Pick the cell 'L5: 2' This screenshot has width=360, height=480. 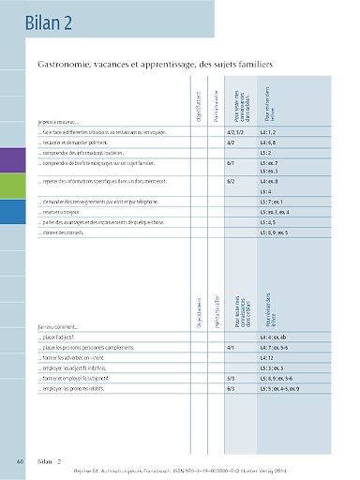click(264, 152)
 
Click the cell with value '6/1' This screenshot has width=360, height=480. click(231, 162)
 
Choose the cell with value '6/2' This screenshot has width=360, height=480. click(231, 181)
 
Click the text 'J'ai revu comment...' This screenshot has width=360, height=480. click(59, 326)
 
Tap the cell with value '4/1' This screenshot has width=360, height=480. click(231, 347)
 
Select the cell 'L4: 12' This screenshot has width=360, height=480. click(266, 357)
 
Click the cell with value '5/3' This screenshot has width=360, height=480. click(231, 377)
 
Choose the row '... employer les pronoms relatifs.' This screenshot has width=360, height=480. click(81, 387)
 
